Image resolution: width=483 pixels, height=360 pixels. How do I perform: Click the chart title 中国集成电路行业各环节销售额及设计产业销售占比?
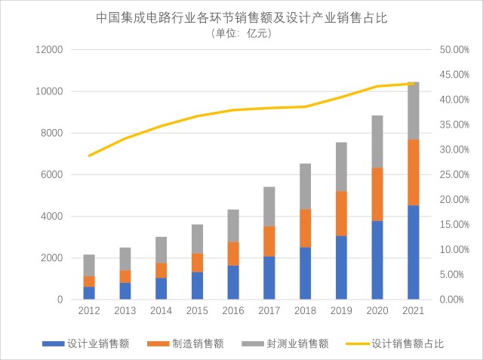pyautogui.click(x=241, y=17)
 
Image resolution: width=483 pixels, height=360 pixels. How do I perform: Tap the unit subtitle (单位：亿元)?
pyautogui.click(x=241, y=33)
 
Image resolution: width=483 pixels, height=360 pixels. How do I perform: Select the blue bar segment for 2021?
pyautogui.click(x=413, y=252)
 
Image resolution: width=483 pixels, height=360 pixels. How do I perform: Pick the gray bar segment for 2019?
pyautogui.click(x=341, y=167)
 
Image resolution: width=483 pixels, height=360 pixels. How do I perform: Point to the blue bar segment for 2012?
pyautogui.click(x=89, y=293)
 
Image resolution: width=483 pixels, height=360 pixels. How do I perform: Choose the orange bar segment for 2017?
pyautogui.click(x=269, y=242)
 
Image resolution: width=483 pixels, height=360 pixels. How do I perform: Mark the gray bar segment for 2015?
pyautogui.click(x=197, y=238)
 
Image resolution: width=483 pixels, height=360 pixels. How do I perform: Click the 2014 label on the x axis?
pyautogui.click(x=162, y=310)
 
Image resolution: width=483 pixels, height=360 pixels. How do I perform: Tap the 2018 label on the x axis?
pyautogui.click(x=305, y=310)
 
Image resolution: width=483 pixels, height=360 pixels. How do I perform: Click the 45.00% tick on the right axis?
pyautogui.click(x=454, y=75)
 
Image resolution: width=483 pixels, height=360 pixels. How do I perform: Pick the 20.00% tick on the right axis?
pyautogui.click(x=454, y=200)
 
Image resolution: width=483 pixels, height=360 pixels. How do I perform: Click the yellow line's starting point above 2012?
pyautogui.click(x=89, y=155)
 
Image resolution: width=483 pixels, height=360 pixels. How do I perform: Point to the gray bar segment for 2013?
pyautogui.click(x=125, y=259)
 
